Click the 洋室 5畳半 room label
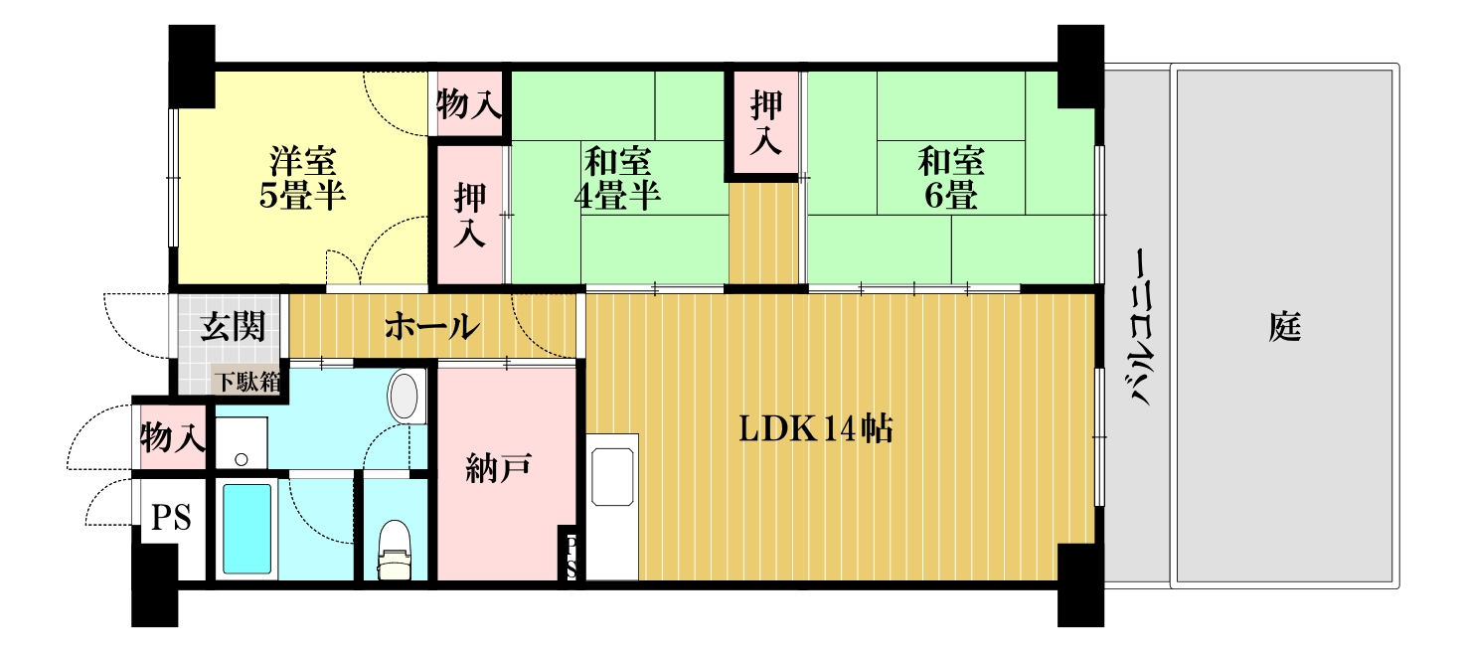pyautogui.click(x=302, y=178)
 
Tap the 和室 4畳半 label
pyautogui.click(x=617, y=178)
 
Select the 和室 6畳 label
pyautogui.click(x=951, y=178)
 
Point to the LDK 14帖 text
pyautogui.click(x=816, y=429)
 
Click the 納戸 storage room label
pyautogui.click(x=498, y=468)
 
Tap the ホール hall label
pyautogui.click(x=431, y=326)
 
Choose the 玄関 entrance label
pyautogui.click(x=233, y=326)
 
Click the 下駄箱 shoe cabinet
pyautogui.click(x=248, y=382)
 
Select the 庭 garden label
pyautogui.click(x=1285, y=327)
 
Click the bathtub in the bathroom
pyautogui.click(x=246, y=529)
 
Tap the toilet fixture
pyautogui.click(x=395, y=550)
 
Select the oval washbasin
pyautogui.click(x=404, y=396)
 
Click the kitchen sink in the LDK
pyautogui.click(x=612, y=477)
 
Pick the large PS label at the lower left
pyautogui.click(x=171, y=518)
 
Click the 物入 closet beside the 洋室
pyautogui.click(x=469, y=104)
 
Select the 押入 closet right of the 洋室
pyautogui.click(x=469, y=215)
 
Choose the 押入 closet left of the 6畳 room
pyautogui.click(x=765, y=123)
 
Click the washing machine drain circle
pyautogui.click(x=241, y=460)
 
